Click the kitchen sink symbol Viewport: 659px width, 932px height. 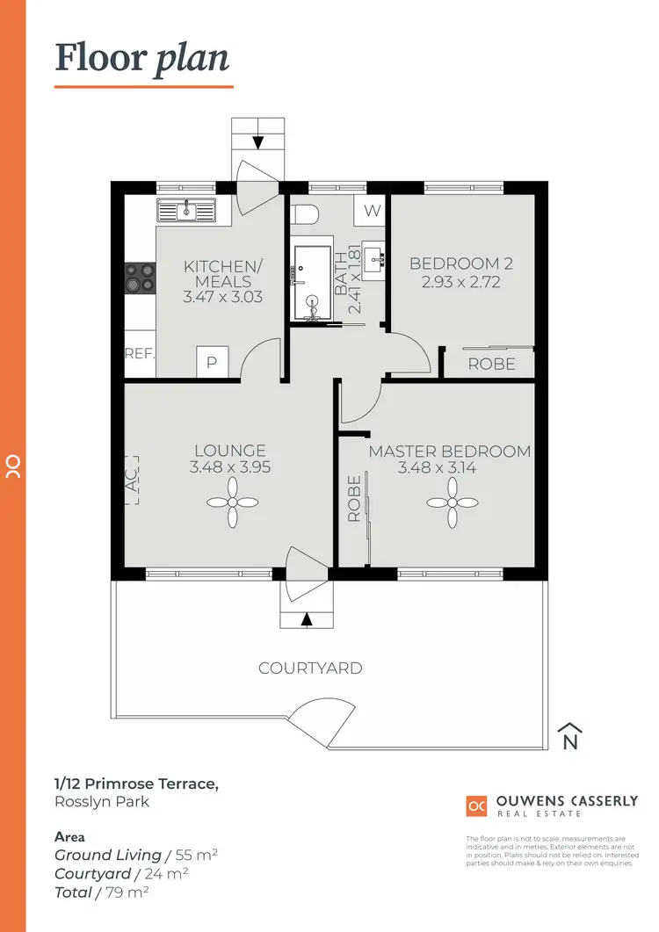[185, 211]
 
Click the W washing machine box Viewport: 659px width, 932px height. [371, 211]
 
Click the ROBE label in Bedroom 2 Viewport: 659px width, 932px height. [491, 364]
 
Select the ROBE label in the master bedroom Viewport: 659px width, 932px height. [354, 498]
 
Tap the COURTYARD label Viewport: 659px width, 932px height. [310, 668]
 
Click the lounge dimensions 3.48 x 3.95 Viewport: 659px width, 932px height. [229, 468]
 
